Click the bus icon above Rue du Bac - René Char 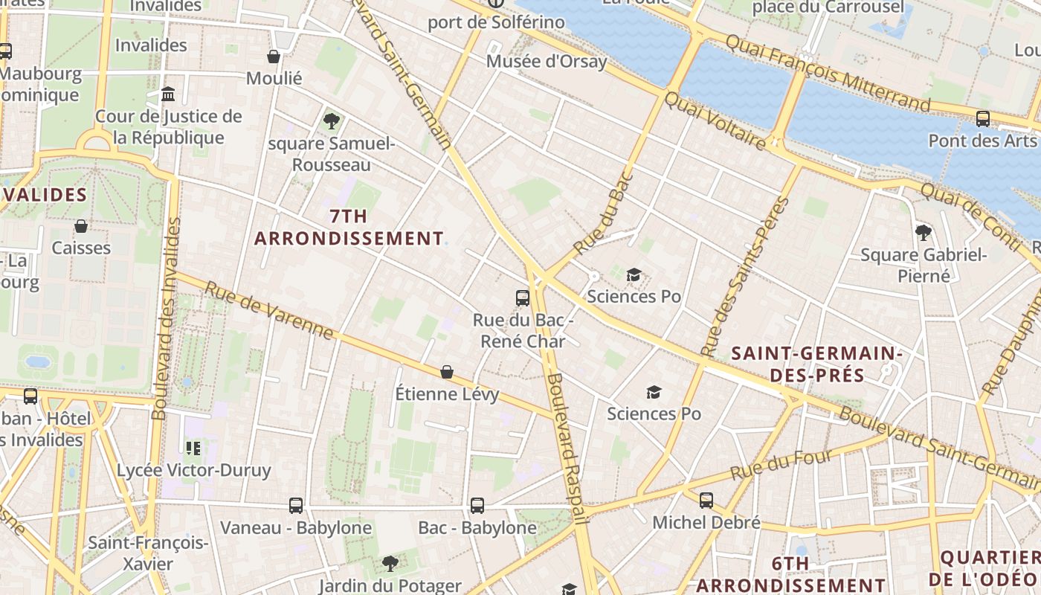(x=523, y=298)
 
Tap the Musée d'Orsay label (x=547, y=62)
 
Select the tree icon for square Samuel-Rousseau (x=332, y=120)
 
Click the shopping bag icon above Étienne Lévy (x=447, y=371)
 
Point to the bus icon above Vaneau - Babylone (x=296, y=506)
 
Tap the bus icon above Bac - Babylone (x=477, y=506)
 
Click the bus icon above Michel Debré (x=706, y=501)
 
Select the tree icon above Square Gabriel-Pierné (x=924, y=233)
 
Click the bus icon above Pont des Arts (x=983, y=118)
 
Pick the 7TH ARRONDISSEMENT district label (x=349, y=228)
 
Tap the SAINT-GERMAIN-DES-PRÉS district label (x=817, y=364)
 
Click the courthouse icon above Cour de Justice (x=168, y=94)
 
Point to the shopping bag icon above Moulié (x=274, y=57)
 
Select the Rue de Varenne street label (x=269, y=310)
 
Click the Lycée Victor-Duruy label (x=193, y=471)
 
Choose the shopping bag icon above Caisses (x=81, y=226)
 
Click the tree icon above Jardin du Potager (x=390, y=563)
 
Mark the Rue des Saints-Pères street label (x=744, y=277)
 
